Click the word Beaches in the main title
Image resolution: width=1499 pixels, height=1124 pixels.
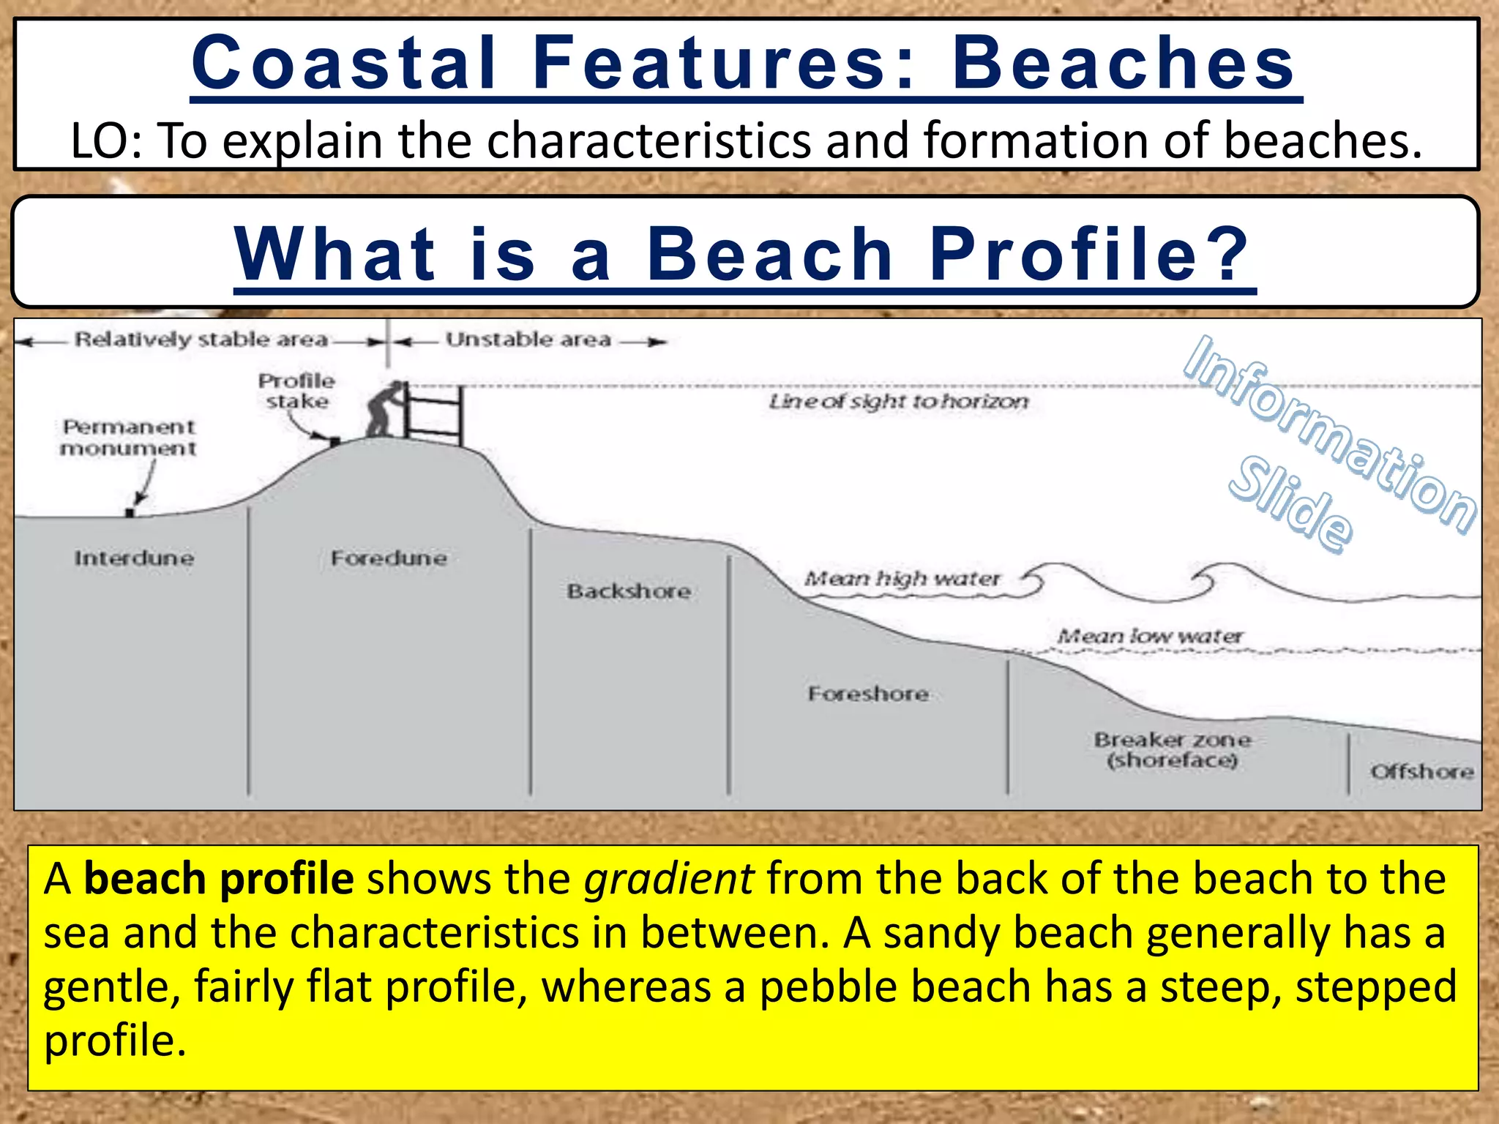pos(1124,63)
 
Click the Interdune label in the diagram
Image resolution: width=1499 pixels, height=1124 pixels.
pos(134,558)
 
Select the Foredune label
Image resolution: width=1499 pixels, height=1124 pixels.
pos(389,558)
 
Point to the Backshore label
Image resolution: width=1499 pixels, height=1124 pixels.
pos(629,591)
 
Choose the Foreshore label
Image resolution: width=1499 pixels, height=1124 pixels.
pos(868,694)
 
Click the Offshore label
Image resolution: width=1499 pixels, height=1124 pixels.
pos(1421,771)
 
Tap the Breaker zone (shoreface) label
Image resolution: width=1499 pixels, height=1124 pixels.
pos(1172,750)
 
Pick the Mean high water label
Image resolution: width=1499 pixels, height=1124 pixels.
pos(902,579)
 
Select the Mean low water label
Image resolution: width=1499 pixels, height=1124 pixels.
pos(1150,636)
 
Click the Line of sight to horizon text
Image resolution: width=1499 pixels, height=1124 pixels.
pos(898,401)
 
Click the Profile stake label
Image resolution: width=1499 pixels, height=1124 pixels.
pos(296,391)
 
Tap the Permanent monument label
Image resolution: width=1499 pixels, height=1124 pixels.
pos(129,438)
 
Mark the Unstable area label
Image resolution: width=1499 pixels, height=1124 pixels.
pos(528,340)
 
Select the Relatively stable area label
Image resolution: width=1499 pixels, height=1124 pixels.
pos(201,340)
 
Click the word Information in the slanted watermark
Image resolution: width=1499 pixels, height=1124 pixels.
pos(1329,432)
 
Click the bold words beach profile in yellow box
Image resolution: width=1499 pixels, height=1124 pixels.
pos(219,878)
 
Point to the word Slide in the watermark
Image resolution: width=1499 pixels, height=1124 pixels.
pos(1290,503)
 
